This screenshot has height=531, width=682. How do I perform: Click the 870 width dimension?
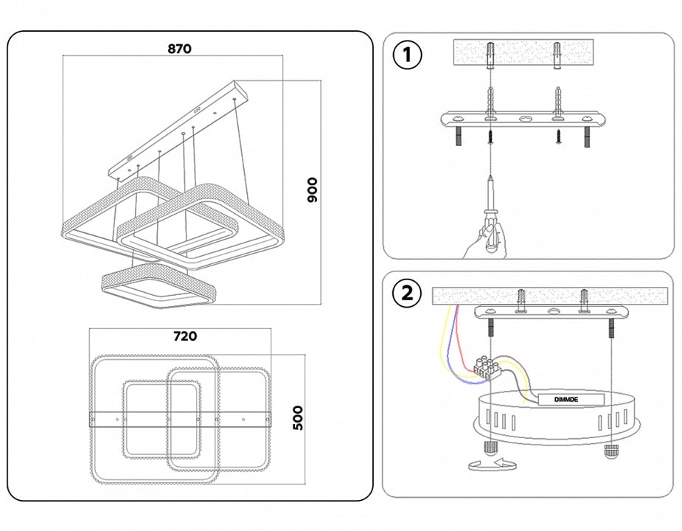tap(179, 49)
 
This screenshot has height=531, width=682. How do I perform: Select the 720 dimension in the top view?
tap(184, 336)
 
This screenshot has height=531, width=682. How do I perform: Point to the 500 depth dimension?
tap(298, 418)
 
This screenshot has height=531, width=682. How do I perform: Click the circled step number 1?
tap(407, 55)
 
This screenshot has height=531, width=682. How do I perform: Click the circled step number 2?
tap(407, 294)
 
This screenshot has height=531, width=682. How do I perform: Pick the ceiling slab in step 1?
tap(524, 54)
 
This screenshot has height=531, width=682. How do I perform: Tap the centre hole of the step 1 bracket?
tap(524, 118)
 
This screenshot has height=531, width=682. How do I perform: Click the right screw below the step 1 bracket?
tap(558, 136)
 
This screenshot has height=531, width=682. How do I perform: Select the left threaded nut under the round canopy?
tap(487, 448)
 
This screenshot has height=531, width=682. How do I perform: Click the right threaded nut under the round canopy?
tap(610, 449)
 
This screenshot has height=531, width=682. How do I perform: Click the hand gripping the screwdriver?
tap(483, 242)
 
